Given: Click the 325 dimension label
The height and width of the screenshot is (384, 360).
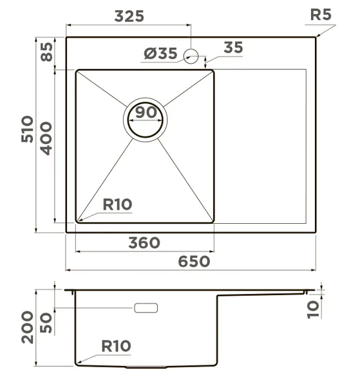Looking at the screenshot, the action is pos(129,16).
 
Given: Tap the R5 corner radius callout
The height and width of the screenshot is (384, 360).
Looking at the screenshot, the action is pos(321,15).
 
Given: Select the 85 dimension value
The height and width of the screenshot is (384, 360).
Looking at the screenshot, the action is pos(46,52).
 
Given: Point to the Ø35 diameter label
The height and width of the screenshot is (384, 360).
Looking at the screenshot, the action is pos(160,53).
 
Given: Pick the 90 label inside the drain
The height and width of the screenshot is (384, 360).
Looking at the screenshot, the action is pos(146,112).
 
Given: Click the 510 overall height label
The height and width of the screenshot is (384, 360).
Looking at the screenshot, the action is pos(27,129).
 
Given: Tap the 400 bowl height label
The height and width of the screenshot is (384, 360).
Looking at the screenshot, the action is pos(46,138).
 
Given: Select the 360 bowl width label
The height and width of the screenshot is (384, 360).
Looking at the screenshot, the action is pos(144,242).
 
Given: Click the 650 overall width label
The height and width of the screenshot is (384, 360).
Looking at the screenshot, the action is pos(194,261).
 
